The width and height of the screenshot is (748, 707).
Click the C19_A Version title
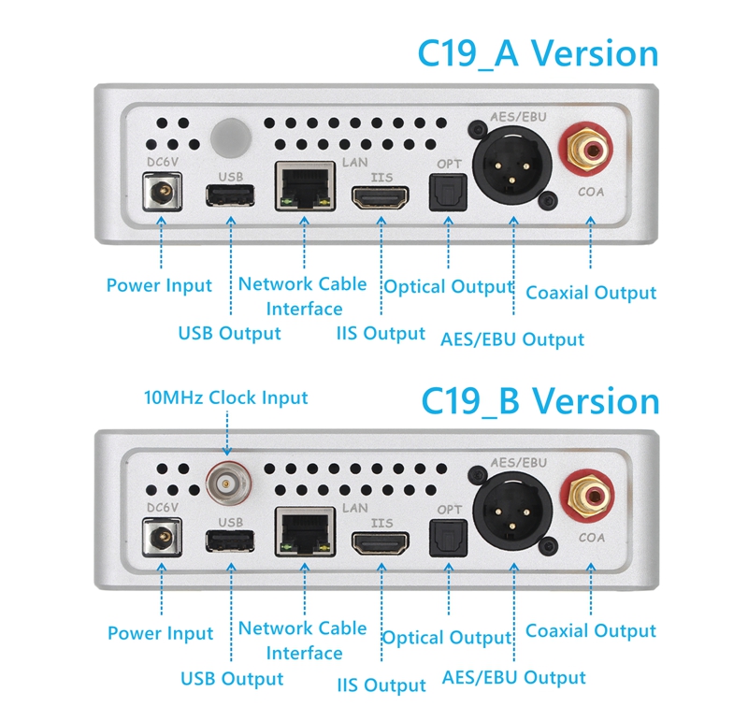click(x=538, y=53)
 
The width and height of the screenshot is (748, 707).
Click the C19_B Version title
click(x=539, y=401)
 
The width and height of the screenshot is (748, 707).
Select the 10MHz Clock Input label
click(x=225, y=397)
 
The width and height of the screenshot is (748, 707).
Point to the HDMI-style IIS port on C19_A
click(x=380, y=197)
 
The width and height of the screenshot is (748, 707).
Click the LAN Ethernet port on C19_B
click(x=305, y=530)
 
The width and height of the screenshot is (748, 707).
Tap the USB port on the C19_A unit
click(x=230, y=195)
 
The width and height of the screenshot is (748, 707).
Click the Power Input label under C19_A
click(x=159, y=285)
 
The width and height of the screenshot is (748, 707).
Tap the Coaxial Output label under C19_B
click(x=591, y=631)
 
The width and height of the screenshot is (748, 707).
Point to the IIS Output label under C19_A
click(x=381, y=333)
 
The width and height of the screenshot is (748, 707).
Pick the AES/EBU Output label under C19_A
click(x=512, y=339)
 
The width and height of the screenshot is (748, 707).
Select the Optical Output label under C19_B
click(x=448, y=638)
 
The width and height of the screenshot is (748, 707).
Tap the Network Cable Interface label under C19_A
click(x=303, y=296)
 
